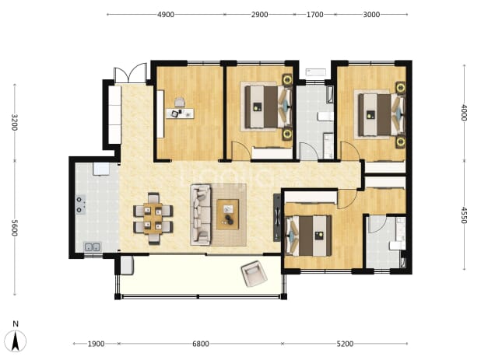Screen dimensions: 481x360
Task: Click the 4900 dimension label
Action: click(166, 15)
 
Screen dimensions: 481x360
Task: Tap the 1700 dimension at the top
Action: click(314, 15)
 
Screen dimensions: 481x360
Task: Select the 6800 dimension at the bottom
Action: click(201, 344)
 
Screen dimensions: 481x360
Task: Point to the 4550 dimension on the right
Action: click(464, 215)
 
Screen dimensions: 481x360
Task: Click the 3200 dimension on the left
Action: click(14, 122)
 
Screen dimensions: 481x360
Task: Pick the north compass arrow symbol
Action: click(16, 341)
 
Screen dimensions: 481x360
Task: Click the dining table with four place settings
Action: click(153, 218)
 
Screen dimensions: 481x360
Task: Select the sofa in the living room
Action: click(201, 215)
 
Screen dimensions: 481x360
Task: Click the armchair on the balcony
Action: click(254, 273)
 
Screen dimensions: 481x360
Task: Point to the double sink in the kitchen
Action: click(93, 247)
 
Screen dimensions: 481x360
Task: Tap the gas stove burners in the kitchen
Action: click(80, 204)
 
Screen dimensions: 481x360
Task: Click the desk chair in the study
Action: click(180, 103)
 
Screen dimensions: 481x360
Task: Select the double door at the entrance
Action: click(131, 74)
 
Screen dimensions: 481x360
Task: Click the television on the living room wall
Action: click(277, 218)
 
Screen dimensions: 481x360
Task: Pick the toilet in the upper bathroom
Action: click(325, 116)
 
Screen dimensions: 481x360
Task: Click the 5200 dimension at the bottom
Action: click(345, 344)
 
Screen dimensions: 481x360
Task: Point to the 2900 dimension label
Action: click(259, 15)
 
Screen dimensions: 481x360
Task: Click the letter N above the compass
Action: click(16, 324)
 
